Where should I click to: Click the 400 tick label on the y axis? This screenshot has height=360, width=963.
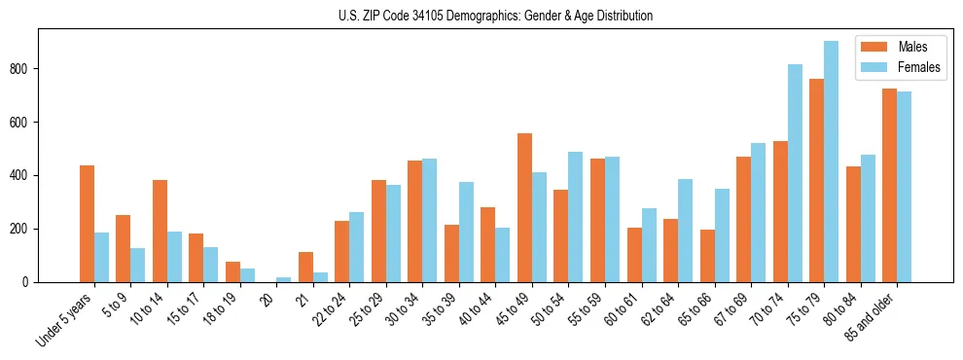23,176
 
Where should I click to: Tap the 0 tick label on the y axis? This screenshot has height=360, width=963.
30,282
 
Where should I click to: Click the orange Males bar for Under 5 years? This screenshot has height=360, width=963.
87,224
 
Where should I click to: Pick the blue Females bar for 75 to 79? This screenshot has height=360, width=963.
831,162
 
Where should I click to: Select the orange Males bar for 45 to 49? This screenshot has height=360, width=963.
524,207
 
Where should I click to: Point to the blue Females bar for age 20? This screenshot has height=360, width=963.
283,279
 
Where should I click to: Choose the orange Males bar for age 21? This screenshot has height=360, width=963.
305,268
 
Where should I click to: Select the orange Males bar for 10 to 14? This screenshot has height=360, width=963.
160,231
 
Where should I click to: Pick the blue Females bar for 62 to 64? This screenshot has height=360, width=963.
685,231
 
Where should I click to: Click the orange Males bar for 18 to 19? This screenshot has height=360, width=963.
232,271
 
